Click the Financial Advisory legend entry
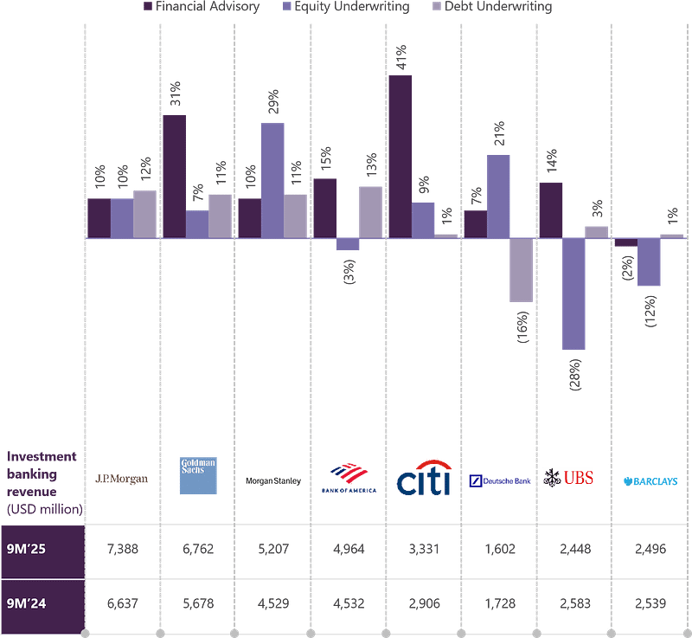click(x=205, y=7)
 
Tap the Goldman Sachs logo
click(x=198, y=476)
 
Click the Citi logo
click(x=424, y=479)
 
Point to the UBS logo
click(x=567, y=477)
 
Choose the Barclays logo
click(x=650, y=480)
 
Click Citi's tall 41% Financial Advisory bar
click(x=400, y=157)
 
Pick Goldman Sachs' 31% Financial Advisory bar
click(x=174, y=176)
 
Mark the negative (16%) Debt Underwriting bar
click(x=521, y=270)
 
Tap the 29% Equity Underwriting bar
click(x=272, y=180)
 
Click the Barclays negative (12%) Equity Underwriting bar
click(x=649, y=262)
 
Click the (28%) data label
click(x=575, y=374)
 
